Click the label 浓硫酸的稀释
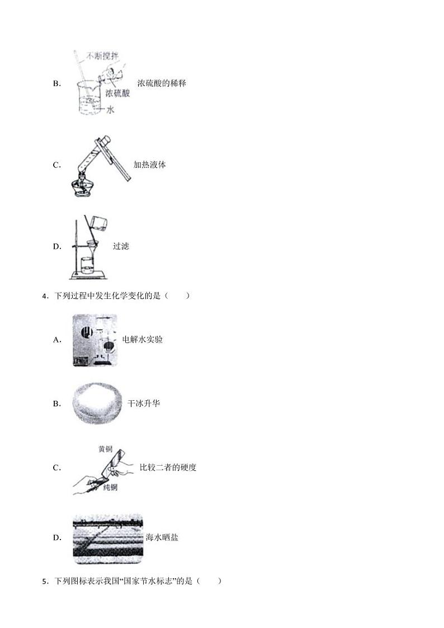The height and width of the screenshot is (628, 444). point(161,83)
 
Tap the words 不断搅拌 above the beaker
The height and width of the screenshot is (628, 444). point(101,57)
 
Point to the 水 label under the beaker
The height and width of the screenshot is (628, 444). point(110,110)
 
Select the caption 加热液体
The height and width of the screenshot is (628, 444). point(149,165)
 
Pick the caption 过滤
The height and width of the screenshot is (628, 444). point(120,246)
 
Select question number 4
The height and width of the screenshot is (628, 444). point(44,296)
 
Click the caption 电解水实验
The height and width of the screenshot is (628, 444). point(142,339)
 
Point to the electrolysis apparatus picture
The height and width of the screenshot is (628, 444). point(95,340)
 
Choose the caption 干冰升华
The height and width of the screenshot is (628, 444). point(143,403)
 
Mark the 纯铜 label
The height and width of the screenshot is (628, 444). point(110,488)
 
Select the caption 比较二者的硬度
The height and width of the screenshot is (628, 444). point(168,467)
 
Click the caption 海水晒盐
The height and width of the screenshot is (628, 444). point(162,537)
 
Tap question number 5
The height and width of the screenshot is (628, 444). point(44,581)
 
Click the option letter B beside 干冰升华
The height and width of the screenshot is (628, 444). point(56,404)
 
